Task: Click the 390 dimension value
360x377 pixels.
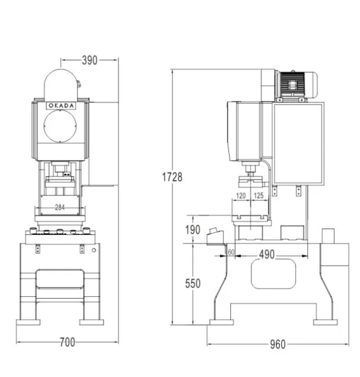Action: [x=90, y=60]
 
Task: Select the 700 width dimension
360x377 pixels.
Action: [x=67, y=342]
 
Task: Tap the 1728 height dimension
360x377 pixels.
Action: [x=172, y=177]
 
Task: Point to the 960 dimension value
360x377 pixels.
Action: [x=278, y=345]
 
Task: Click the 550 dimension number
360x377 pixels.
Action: [x=193, y=283]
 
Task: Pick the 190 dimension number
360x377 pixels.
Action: [x=193, y=230]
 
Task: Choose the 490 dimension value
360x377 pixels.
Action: [x=267, y=254]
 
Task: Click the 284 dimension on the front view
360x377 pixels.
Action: [x=60, y=207]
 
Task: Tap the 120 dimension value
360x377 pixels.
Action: [x=241, y=196]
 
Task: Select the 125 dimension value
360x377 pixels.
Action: [x=259, y=196]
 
